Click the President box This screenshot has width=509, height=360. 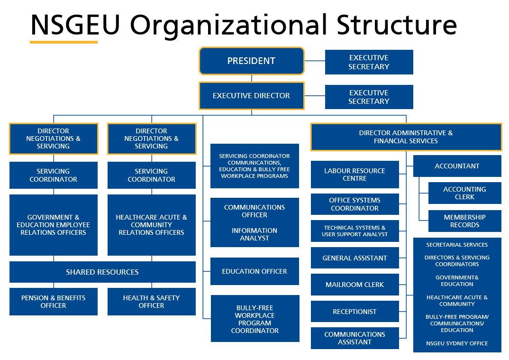pos(251,61)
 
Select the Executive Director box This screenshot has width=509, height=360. pos(251,96)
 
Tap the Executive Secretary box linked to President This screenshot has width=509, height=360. pos(369,62)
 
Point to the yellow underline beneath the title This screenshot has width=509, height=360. pos(64,42)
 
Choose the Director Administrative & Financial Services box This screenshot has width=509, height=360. pos(406,137)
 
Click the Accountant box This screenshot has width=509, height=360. pos(457,166)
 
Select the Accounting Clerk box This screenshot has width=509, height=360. pos(464,193)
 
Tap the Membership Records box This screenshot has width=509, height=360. pos(464,221)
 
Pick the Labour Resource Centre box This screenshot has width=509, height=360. pos(354,175)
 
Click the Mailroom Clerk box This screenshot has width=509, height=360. pos(354,285)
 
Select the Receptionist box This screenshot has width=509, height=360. pos(354,312)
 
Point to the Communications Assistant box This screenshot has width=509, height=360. pos(354,338)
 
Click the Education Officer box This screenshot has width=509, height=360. pos(255,271)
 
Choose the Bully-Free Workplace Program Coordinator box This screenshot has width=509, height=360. pos(255,319)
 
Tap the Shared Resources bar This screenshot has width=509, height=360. pos(102,272)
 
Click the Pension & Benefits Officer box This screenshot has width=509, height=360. pos(54,302)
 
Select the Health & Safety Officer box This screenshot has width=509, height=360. pos(151,302)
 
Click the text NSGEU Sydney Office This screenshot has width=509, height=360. pos(457,343)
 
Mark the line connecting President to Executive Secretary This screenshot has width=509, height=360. pos(314,61)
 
